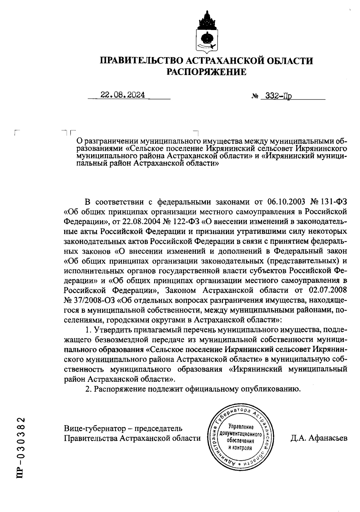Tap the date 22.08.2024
click(123, 95)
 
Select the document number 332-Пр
click(277, 96)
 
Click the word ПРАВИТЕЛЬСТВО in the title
click(142, 61)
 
